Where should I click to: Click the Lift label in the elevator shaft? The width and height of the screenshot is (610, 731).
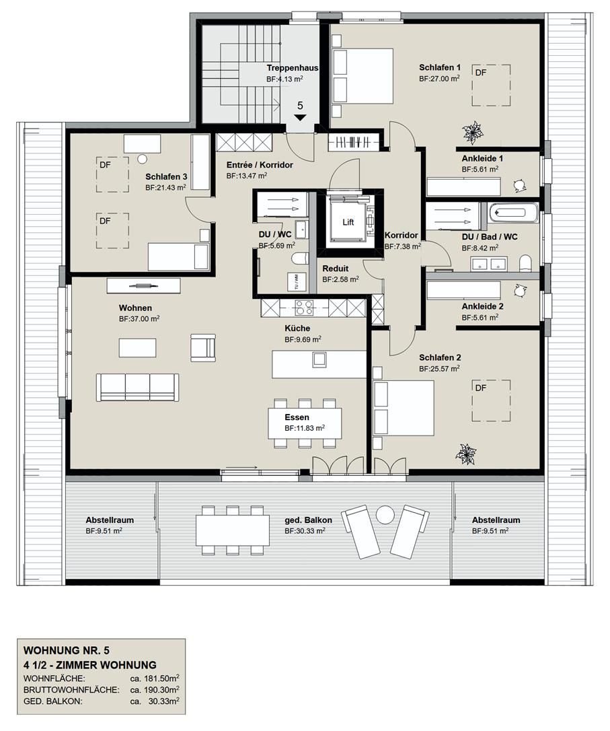(348, 222)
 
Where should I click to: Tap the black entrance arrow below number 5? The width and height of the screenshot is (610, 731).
(300, 118)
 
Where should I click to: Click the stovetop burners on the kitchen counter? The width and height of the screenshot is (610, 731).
(304, 308)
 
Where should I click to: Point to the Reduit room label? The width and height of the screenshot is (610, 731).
(336, 269)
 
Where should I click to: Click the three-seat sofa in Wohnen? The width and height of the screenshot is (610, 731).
(138, 387)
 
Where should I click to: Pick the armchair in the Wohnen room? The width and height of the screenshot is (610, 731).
(203, 347)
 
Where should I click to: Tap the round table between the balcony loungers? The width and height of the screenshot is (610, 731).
(385, 515)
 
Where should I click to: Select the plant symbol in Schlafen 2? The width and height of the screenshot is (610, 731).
(465, 454)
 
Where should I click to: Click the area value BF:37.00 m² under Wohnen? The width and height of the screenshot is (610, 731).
(139, 319)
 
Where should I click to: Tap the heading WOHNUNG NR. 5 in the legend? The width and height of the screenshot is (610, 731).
(66, 651)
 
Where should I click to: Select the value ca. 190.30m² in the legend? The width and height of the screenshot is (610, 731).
(155, 690)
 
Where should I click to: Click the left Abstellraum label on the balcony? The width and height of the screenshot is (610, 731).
(110, 520)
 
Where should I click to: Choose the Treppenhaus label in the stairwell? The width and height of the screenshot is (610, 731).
(292, 68)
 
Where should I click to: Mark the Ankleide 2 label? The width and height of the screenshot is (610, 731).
(482, 306)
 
